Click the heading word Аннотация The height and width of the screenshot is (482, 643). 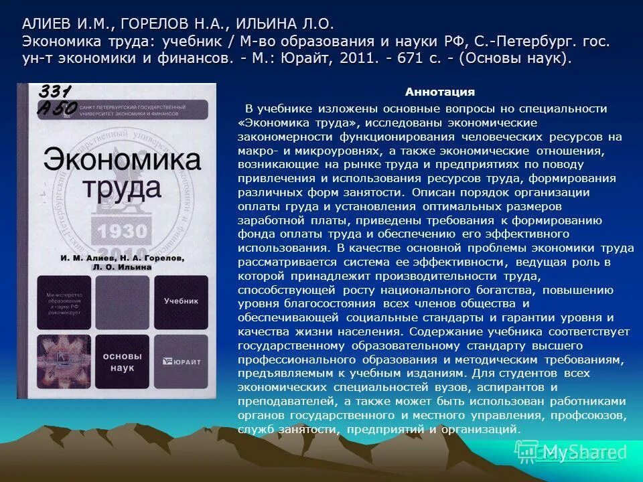coord(439,92)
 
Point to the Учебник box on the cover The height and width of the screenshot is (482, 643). coord(181,301)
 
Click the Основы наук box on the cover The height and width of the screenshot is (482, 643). coord(123,361)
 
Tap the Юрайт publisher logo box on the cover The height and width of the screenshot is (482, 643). coord(181,361)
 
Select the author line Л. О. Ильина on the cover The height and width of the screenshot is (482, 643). coord(122,266)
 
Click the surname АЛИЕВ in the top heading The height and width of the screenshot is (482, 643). coord(46,24)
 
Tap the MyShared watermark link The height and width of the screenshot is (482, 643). coord(575,453)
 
